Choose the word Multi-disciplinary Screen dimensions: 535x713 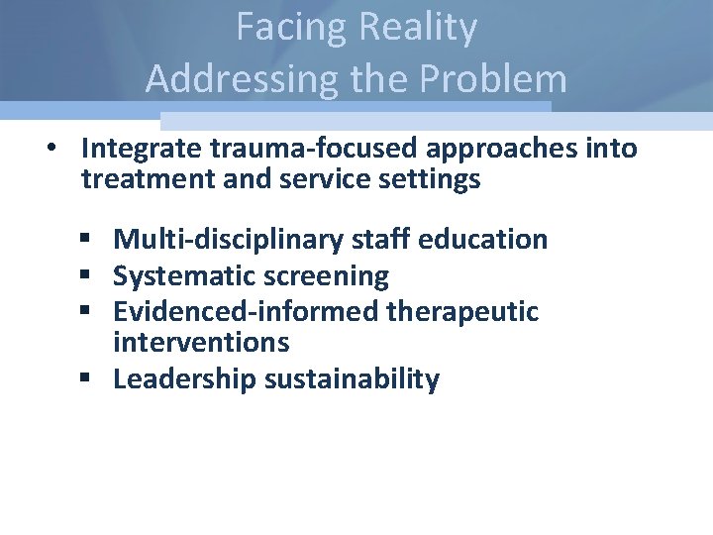234,240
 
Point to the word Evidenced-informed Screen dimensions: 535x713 247,312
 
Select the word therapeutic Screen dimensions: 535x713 463,312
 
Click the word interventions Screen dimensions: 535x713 202,343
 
